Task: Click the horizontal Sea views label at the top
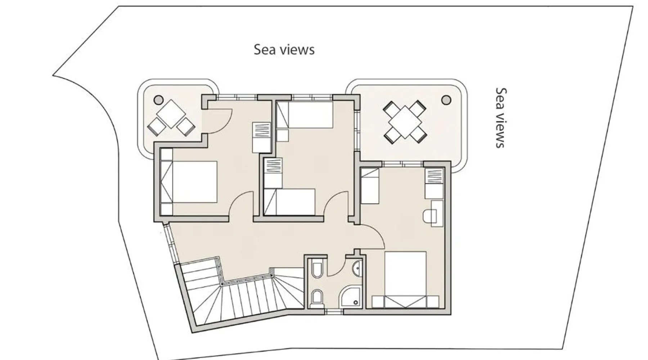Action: pos(284,50)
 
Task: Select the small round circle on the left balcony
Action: pos(158,99)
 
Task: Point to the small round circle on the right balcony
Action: pos(446,99)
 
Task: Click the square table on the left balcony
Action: pos(171,113)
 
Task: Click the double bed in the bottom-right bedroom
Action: pos(406,280)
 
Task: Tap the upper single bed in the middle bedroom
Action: pos(305,115)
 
